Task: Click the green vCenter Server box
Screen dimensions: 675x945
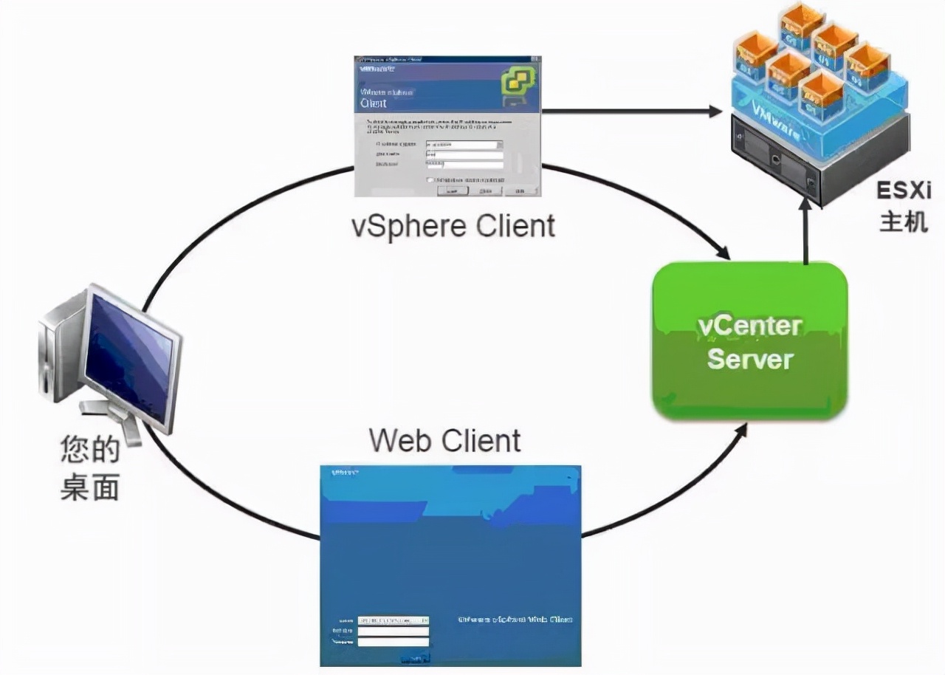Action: coord(749,340)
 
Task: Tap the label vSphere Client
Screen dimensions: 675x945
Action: coord(453,225)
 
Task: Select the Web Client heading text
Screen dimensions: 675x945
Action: coord(444,441)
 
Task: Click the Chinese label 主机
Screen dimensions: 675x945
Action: coord(902,221)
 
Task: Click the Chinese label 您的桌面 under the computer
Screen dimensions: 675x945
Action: coord(90,470)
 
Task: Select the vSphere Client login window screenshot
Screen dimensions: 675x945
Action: coord(447,126)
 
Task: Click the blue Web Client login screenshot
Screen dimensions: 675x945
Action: coord(450,565)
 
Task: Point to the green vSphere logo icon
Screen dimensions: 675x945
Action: coord(518,83)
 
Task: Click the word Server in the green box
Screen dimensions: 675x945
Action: coord(749,360)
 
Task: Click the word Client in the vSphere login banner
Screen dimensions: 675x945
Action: coord(374,103)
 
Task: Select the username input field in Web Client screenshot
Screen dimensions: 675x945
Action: coord(393,631)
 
